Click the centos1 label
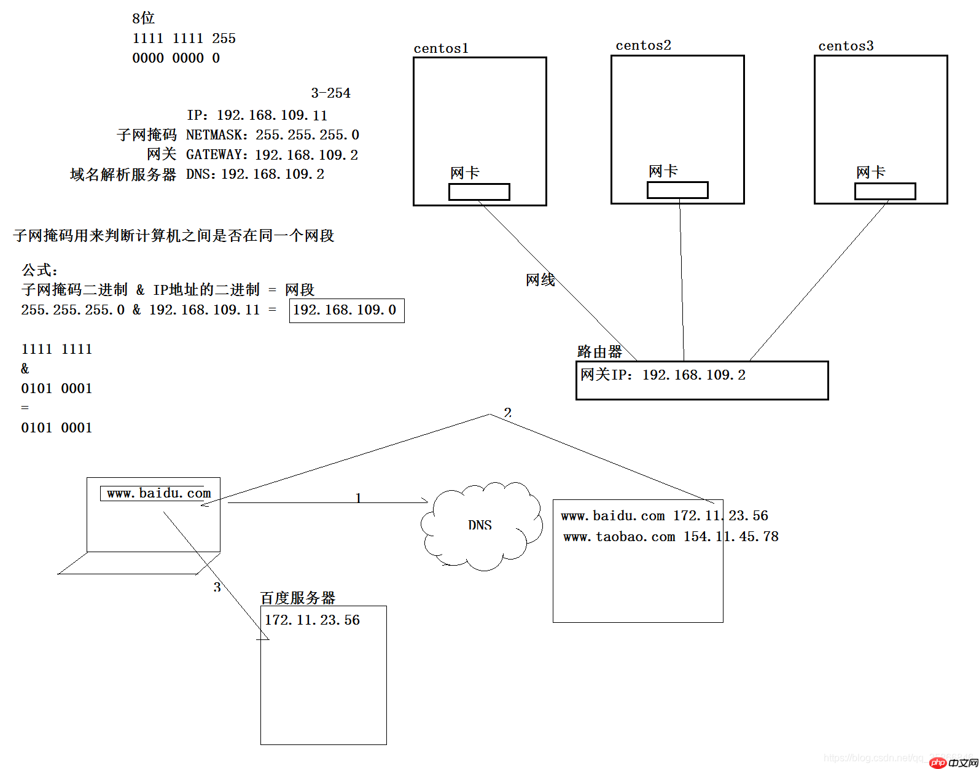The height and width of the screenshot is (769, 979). (x=441, y=49)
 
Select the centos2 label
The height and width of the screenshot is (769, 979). (x=643, y=45)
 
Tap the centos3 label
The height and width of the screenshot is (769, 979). (x=846, y=46)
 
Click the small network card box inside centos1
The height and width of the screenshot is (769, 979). (x=479, y=192)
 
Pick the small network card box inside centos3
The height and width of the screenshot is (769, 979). (x=885, y=191)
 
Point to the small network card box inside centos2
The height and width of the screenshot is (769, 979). (x=677, y=190)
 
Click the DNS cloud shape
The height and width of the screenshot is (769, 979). (x=480, y=525)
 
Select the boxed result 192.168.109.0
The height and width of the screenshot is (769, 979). (x=346, y=310)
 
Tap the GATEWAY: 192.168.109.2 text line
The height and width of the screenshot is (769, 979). (x=272, y=155)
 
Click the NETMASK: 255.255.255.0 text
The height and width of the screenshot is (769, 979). (x=272, y=135)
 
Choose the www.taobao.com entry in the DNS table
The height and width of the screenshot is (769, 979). (x=619, y=537)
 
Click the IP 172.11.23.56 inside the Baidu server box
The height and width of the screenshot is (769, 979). (x=312, y=620)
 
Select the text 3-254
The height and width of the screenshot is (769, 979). (x=330, y=93)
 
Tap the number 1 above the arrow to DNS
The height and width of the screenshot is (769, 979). (x=358, y=498)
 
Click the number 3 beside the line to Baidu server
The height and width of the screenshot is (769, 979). (x=217, y=587)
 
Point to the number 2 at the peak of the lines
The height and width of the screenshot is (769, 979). (x=507, y=412)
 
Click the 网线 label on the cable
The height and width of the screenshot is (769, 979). (x=540, y=280)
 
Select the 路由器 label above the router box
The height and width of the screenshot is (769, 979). (x=599, y=352)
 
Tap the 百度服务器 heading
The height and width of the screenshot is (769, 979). (x=298, y=598)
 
